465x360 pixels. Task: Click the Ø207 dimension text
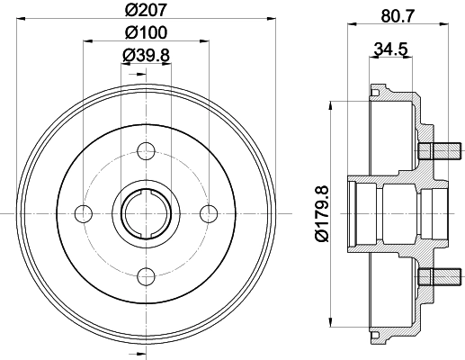pyautogui.click(x=145, y=12)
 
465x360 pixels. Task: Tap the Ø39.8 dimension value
pyautogui.click(x=145, y=56)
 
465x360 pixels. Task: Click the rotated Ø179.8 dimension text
pyautogui.click(x=317, y=211)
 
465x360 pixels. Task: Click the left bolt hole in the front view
pyautogui.click(x=83, y=212)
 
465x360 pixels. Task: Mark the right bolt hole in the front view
pyautogui.click(x=209, y=212)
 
